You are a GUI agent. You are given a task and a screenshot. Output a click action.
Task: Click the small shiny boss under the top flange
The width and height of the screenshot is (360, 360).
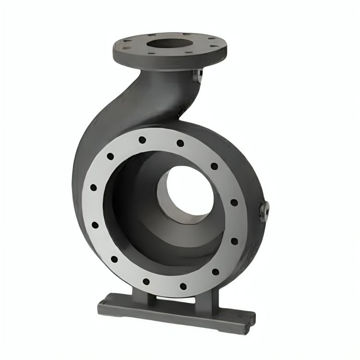(x=197, y=75)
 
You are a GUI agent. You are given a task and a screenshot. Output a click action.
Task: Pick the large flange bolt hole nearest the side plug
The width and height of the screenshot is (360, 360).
(x=234, y=202)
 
